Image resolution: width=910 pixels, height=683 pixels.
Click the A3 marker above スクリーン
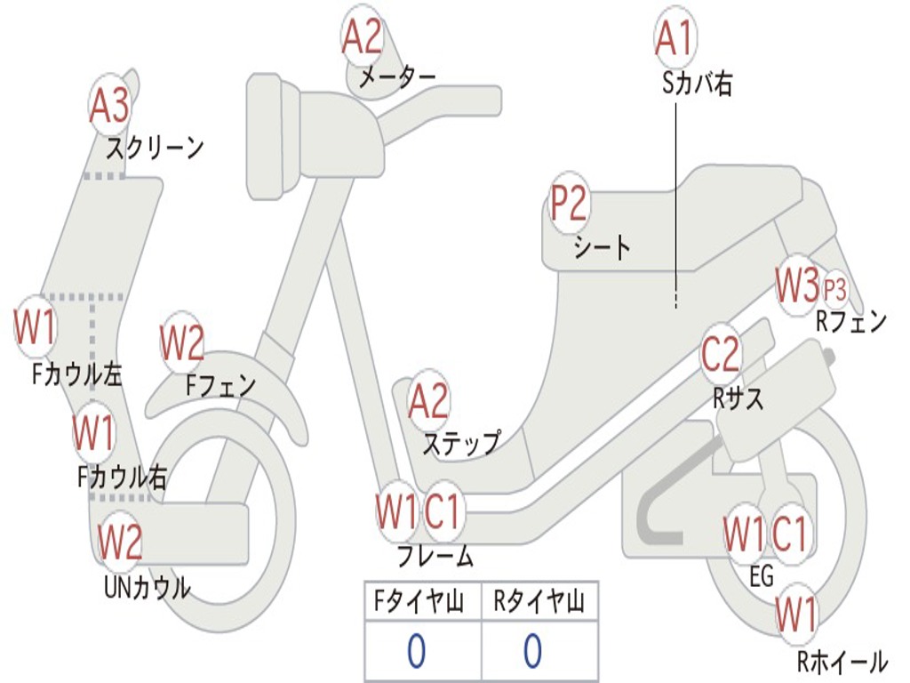click(109, 105)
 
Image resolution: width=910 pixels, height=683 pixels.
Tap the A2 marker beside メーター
click(363, 36)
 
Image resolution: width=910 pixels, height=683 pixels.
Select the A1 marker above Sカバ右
click(675, 37)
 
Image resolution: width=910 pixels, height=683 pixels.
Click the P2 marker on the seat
click(570, 203)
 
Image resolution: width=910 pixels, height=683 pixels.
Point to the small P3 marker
click(834, 289)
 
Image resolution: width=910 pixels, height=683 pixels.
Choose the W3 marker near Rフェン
click(797, 285)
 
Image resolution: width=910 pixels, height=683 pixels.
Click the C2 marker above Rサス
click(721, 354)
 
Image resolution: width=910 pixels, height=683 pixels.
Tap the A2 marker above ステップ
click(428, 401)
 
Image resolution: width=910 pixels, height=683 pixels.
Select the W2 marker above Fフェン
click(182, 342)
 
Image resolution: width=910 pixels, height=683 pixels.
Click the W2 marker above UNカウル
click(120, 542)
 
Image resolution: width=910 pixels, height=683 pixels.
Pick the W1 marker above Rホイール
click(796, 614)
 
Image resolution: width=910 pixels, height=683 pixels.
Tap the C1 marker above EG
click(789, 534)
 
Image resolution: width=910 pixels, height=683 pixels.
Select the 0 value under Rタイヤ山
click(533, 651)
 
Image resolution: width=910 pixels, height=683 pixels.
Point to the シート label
click(602, 248)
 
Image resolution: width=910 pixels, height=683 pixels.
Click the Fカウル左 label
click(76, 374)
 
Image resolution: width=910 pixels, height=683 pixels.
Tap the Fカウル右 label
click(122, 477)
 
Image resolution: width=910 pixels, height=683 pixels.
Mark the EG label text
click(761, 576)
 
